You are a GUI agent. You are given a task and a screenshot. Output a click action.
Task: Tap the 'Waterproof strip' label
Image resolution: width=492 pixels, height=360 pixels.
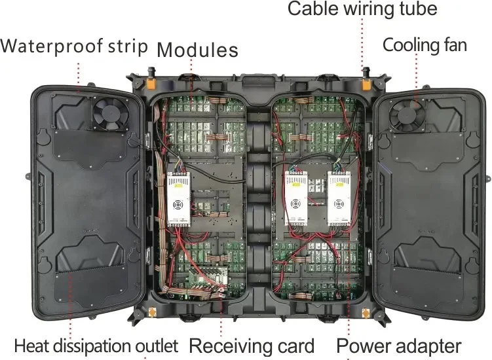click(73, 46)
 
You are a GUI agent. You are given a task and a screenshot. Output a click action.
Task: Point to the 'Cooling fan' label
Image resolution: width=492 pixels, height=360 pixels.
click(425, 45)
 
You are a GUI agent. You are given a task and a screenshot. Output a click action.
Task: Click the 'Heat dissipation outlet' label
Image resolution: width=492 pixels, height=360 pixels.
click(96, 346)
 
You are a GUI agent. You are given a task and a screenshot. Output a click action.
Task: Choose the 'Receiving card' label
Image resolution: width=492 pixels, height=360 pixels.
click(252, 346)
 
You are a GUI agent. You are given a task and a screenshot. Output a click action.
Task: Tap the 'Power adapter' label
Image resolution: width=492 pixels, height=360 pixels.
click(399, 346)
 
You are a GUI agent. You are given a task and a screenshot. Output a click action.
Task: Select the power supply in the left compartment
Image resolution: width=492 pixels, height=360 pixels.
click(179, 198)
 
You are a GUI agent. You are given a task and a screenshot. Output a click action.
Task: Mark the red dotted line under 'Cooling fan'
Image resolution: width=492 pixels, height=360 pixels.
click(416, 72)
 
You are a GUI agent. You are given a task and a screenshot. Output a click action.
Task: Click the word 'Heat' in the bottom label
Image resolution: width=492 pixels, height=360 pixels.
click(29, 346)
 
